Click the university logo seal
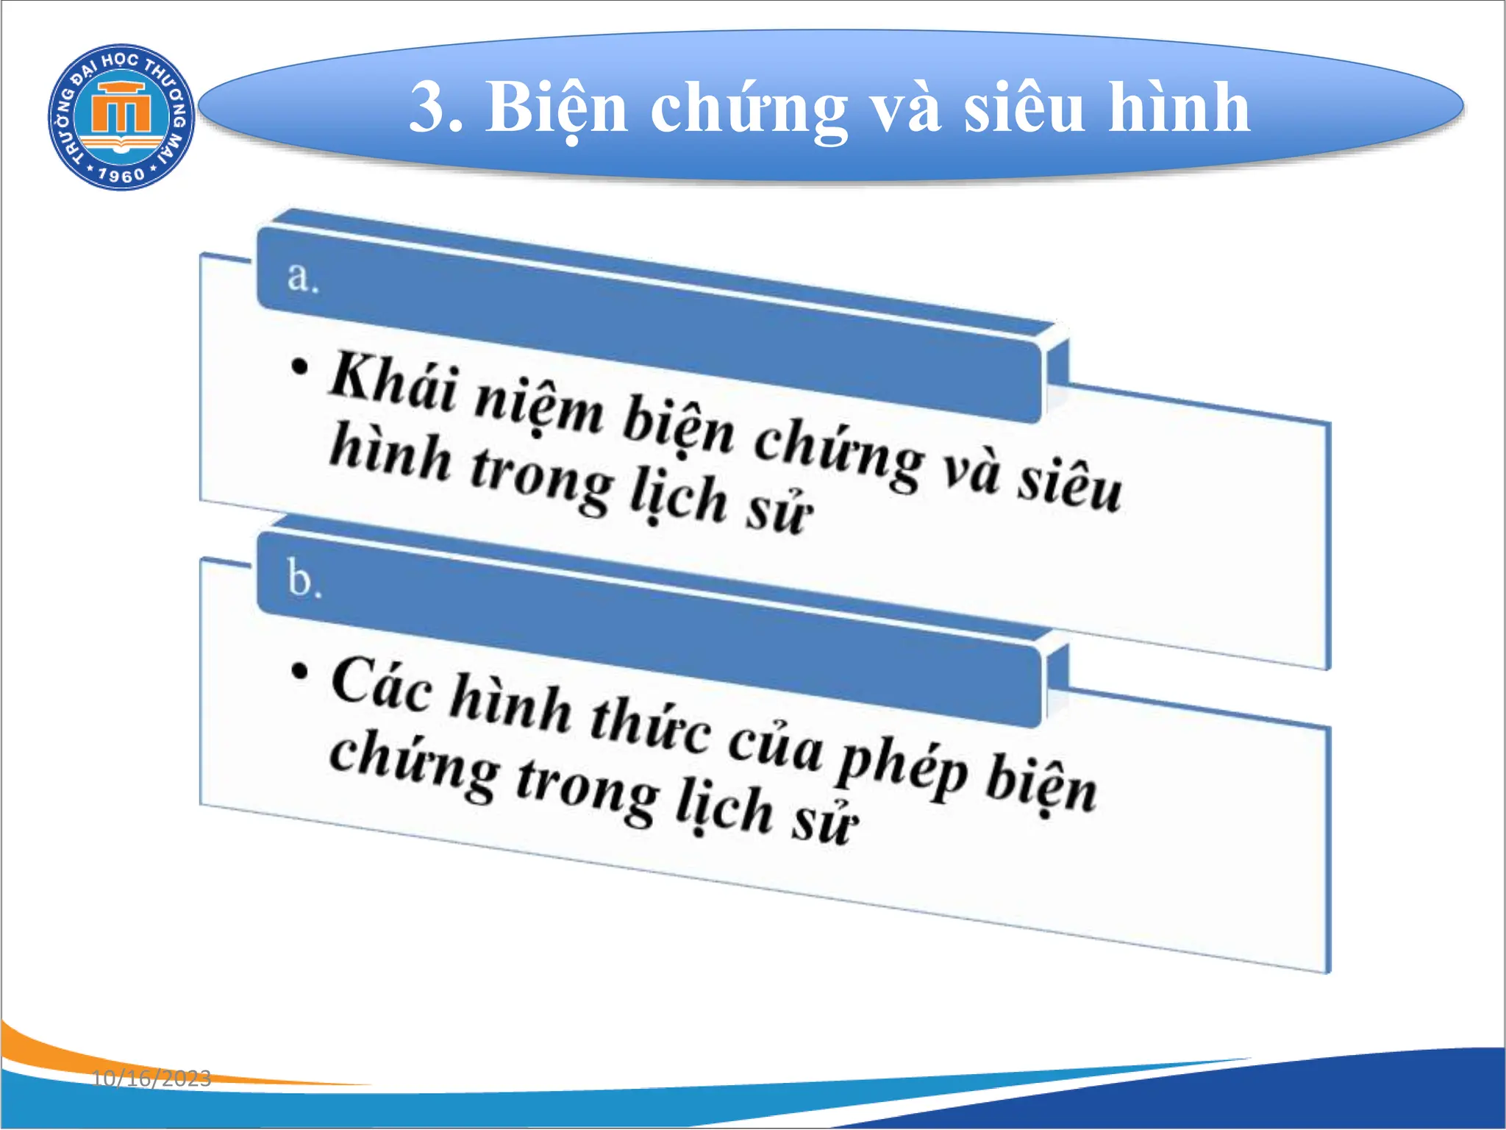pyautogui.click(x=121, y=116)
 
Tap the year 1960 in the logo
pyautogui.click(x=121, y=175)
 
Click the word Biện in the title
pyautogui.click(x=556, y=109)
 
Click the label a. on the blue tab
pyautogui.click(x=302, y=278)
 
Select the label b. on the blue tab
pyautogui.click(x=304, y=578)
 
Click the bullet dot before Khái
pyautogui.click(x=299, y=366)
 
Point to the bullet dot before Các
pyautogui.click(x=299, y=671)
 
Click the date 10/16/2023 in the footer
pyautogui.click(x=151, y=1079)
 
